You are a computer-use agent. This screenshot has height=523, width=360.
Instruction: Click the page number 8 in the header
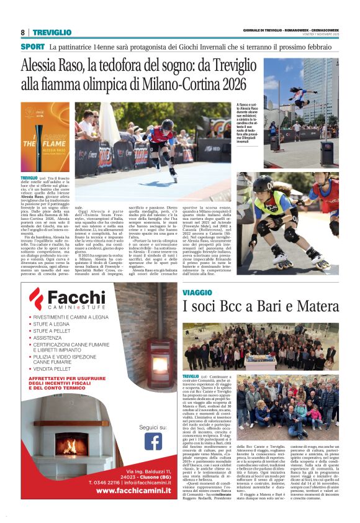tap(23, 32)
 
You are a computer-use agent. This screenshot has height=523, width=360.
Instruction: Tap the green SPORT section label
tap(32, 47)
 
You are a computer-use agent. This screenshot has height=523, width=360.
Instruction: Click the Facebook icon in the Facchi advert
tap(153, 441)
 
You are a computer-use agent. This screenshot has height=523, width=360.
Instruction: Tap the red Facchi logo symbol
tap(38, 298)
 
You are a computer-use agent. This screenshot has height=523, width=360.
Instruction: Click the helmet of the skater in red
tap(167, 124)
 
